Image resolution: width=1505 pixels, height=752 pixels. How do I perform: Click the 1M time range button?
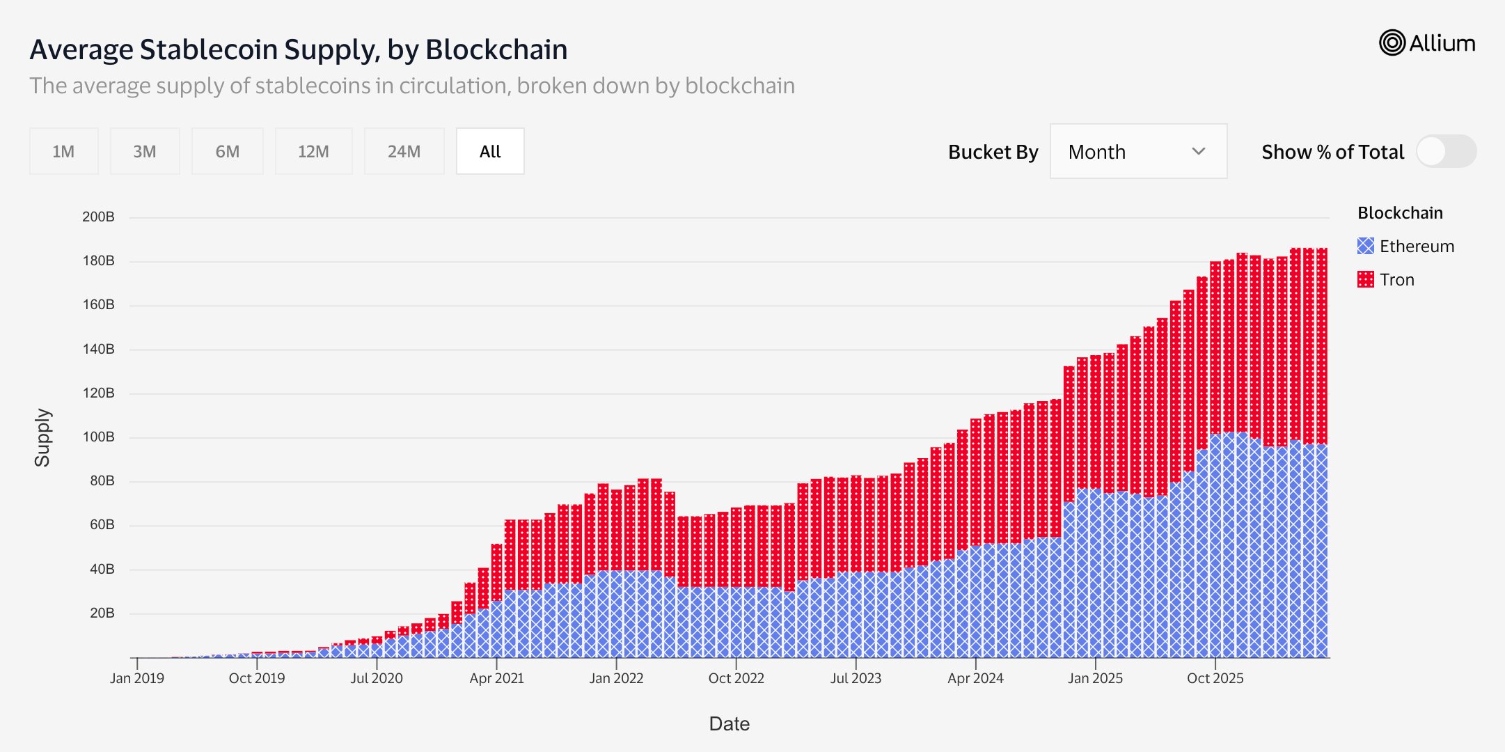(63, 151)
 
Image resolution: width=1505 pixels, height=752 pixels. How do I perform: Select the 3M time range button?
(145, 151)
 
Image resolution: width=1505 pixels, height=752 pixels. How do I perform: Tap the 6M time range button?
(228, 151)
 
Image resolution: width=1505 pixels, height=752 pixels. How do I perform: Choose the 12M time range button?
(313, 151)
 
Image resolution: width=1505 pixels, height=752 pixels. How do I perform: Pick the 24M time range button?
(404, 151)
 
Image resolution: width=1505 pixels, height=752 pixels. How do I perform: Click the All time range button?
(490, 151)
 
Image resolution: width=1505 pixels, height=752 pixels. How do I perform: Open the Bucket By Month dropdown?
(1138, 151)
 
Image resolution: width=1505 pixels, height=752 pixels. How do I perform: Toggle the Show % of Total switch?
(1446, 151)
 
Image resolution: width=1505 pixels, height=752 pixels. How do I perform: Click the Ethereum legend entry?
(1405, 246)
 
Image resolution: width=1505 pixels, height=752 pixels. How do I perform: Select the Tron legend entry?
(1386, 279)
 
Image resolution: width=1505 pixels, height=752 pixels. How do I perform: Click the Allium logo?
(1427, 43)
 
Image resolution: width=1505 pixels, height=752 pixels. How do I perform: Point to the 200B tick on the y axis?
(98, 217)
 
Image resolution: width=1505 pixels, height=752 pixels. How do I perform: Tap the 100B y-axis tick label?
(98, 437)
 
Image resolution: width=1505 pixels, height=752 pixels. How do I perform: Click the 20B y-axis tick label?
(102, 613)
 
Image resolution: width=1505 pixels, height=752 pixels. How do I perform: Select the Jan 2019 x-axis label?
(137, 678)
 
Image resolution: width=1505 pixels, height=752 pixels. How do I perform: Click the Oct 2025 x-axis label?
(1215, 678)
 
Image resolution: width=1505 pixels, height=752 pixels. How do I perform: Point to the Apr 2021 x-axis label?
(496, 678)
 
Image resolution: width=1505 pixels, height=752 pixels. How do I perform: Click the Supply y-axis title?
(42, 437)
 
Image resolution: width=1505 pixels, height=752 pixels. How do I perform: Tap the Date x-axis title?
(730, 724)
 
